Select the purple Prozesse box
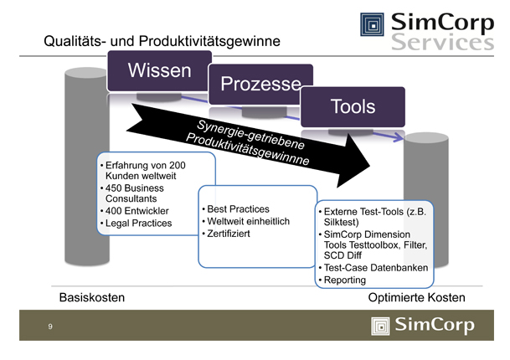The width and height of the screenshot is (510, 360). click(x=260, y=85)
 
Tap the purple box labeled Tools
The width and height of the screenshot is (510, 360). click(x=353, y=107)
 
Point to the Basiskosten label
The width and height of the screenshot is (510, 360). click(x=91, y=298)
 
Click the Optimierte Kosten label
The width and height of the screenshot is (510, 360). click(x=416, y=298)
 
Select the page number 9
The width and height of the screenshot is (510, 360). click(x=50, y=327)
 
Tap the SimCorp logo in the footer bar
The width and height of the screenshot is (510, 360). click(x=424, y=325)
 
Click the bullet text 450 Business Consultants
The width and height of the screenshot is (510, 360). click(x=135, y=194)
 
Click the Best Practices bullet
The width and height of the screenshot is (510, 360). click(x=239, y=208)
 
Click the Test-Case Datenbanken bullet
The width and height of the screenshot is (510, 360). click(x=376, y=268)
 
